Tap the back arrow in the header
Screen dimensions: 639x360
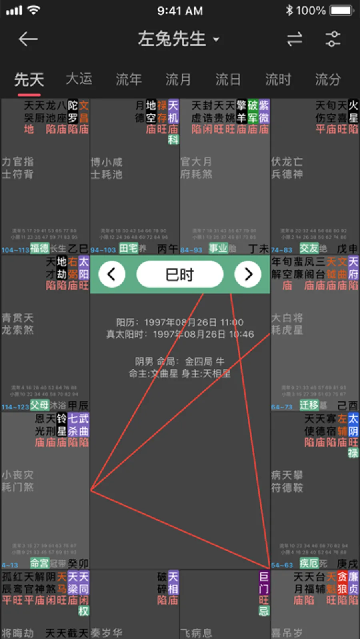(x=28, y=39)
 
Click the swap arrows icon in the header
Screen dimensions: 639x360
(x=294, y=39)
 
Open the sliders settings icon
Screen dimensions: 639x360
(x=333, y=39)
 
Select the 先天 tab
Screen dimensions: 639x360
(x=29, y=79)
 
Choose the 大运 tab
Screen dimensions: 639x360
(x=79, y=79)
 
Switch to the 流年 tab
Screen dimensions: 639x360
(x=128, y=79)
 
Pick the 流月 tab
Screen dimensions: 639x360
(x=178, y=79)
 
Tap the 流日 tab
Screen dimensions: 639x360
(x=228, y=79)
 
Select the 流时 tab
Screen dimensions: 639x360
(x=278, y=79)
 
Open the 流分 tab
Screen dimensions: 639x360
(x=328, y=79)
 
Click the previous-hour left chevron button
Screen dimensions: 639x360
(x=112, y=274)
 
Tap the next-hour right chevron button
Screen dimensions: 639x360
(x=248, y=274)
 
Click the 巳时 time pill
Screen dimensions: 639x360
(x=180, y=274)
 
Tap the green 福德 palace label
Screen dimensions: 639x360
(x=40, y=248)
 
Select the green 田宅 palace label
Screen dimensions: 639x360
(x=128, y=248)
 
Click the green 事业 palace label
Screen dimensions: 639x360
(x=218, y=248)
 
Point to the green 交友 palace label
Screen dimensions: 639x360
(x=309, y=248)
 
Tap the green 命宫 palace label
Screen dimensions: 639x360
(x=40, y=563)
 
